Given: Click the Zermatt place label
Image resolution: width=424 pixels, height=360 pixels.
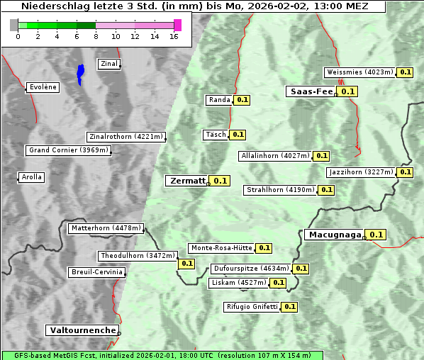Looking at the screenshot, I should (186, 181).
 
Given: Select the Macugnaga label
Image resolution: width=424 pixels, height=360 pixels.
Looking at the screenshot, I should (334, 235).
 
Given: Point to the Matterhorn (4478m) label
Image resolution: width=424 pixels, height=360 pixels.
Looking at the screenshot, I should (106, 228).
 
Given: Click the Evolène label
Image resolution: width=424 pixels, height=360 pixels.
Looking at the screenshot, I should (42, 87).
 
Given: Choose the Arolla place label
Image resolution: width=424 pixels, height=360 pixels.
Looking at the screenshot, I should (31, 177).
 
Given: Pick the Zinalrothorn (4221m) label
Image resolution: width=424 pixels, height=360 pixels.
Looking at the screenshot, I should (126, 137).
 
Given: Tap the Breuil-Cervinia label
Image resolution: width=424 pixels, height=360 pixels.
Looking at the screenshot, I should (97, 272).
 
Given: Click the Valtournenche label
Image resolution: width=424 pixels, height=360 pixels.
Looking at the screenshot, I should (82, 330).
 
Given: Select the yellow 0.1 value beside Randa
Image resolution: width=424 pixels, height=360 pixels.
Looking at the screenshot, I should (242, 100).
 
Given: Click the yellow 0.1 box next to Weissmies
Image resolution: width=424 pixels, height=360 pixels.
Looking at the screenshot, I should (406, 72).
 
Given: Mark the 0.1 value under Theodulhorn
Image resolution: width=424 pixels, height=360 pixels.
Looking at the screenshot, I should (186, 264).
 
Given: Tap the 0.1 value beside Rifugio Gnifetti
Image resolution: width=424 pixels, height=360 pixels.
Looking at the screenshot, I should (289, 307).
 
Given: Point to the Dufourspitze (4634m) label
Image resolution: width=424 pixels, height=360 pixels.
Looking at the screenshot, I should (251, 269).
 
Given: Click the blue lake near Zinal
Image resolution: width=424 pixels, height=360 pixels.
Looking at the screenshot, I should (80, 73).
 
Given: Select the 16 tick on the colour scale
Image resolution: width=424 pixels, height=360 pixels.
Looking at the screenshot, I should (173, 36).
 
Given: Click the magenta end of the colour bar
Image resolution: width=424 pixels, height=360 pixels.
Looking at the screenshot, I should (177, 25).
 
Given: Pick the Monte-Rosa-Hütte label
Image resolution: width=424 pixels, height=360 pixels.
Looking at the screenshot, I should (221, 248).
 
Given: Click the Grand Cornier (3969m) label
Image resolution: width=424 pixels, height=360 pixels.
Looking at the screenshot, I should (69, 150).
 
